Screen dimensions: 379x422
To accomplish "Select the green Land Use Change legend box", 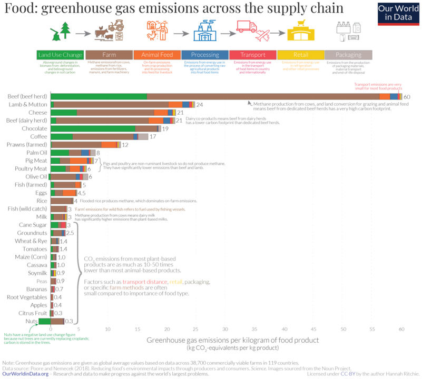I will [61, 55].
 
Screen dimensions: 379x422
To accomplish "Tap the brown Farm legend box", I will [109, 55].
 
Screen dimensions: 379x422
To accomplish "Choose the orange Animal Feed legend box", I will [156, 55].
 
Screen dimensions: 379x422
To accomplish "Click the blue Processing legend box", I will [204, 55].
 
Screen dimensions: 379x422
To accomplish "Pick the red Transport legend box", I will [252, 55].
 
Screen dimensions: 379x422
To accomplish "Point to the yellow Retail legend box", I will [300, 55].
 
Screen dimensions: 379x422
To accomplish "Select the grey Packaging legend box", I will [348, 55].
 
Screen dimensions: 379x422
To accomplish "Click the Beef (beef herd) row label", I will [27, 97].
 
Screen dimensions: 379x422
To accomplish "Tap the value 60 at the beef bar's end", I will [407, 97].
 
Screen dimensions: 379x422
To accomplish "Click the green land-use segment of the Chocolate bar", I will [93, 128].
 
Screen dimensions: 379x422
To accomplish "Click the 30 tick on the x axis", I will [225, 329].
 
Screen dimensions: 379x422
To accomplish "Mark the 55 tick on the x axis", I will [372, 329].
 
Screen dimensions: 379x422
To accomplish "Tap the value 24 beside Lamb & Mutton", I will [200, 105].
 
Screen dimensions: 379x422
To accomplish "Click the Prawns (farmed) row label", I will [27, 144].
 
